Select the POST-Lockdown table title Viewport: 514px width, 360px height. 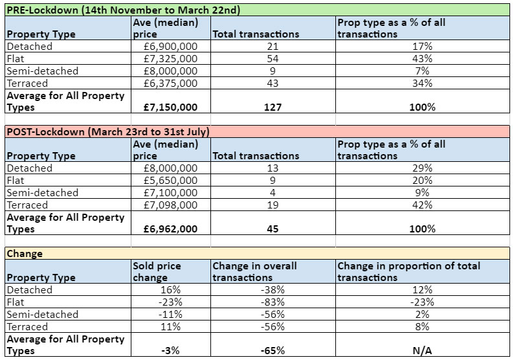point(107,131)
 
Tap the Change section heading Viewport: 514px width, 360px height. point(25,253)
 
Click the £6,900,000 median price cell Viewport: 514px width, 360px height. point(171,47)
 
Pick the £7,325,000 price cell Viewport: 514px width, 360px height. point(171,59)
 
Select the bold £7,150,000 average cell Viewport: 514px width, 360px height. point(171,107)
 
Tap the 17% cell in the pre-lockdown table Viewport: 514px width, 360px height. point(421,47)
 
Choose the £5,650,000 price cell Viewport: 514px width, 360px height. point(171,181)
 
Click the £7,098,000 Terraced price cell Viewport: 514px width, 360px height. point(171,205)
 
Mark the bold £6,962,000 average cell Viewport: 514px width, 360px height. point(171,229)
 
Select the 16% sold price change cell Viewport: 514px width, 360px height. point(171,290)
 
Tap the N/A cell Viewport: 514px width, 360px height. point(421,350)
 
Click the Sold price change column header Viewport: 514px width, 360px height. point(157,271)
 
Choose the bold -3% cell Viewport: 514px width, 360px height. point(171,350)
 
